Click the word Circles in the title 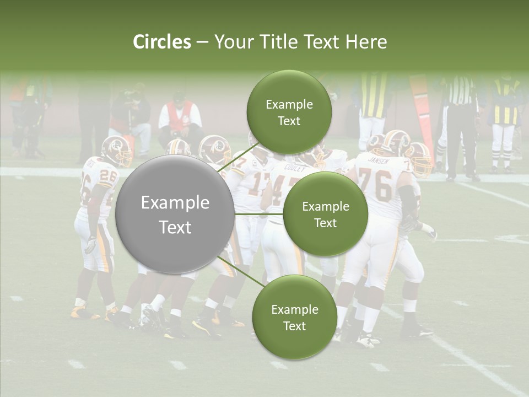coord(162,42)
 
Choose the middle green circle coord(325,214)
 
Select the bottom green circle coord(294,317)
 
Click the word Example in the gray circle coord(175,203)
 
